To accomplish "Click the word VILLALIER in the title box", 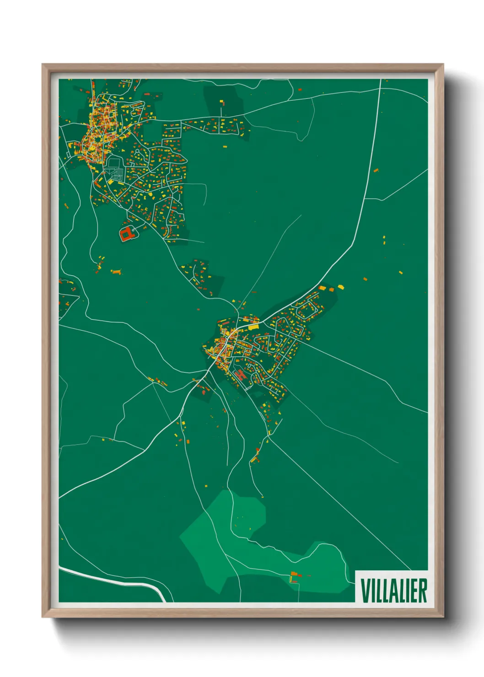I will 393,591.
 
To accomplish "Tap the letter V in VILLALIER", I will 365,591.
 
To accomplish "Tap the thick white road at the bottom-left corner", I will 114,580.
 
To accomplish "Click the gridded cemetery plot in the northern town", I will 115,172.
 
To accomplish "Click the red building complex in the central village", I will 240,375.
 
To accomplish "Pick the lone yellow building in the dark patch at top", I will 222,101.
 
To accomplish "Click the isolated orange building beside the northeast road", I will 376,171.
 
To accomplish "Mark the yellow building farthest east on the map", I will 400,273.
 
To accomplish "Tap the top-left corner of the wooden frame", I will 43,64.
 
